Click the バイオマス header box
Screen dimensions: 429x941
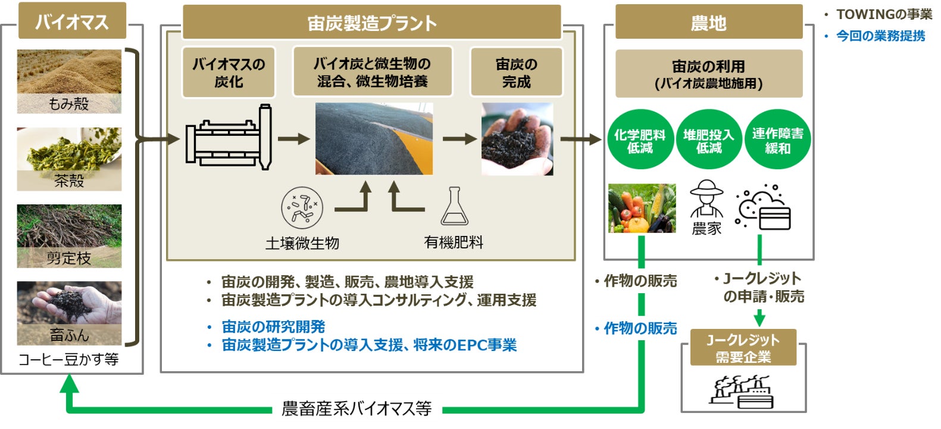pos(72,21)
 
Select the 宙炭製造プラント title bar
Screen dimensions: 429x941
pos(371,23)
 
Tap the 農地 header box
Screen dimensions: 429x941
pos(708,23)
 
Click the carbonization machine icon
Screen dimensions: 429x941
pos(229,138)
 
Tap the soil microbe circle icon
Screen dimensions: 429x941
pos(302,207)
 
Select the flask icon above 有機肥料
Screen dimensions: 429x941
pos(454,207)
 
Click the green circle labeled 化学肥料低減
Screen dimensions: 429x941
pos(640,140)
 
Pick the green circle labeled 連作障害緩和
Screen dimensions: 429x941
pos(777,140)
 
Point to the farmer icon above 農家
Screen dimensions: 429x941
pos(706,199)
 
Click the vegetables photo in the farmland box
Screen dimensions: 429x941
pos(642,208)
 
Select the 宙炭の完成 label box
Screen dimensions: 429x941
pos(516,73)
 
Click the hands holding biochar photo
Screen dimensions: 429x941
pos(517,139)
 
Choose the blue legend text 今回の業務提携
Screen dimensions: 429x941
pos(880,36)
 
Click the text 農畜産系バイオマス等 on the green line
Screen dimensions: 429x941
pos(356,409)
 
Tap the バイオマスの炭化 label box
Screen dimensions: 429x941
pos(229,73)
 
